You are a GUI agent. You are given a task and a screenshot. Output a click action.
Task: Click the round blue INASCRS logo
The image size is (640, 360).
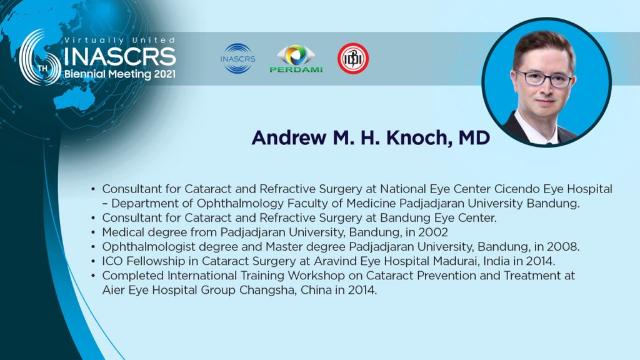tap(237, 59)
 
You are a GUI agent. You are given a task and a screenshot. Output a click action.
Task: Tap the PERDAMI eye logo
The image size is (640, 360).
tap(296, 59)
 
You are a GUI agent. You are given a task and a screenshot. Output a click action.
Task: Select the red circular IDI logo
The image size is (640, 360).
tap(353, 59)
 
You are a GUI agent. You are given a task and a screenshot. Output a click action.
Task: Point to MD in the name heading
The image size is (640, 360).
tap(474, 138)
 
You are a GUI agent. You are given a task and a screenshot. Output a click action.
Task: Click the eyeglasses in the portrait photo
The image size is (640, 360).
tap(544, 78)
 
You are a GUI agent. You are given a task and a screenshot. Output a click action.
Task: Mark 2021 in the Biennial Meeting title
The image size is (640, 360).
tap(165, 74)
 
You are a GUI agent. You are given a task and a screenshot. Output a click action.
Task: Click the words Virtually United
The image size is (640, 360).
tap(119, 41)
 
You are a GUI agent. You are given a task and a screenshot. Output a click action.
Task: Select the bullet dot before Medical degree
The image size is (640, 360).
tap(94, 232)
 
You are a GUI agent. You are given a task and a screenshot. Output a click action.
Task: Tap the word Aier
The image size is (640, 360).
tap(111, 290)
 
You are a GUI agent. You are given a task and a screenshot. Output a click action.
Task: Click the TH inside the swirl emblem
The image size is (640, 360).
tap(42, 67)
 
